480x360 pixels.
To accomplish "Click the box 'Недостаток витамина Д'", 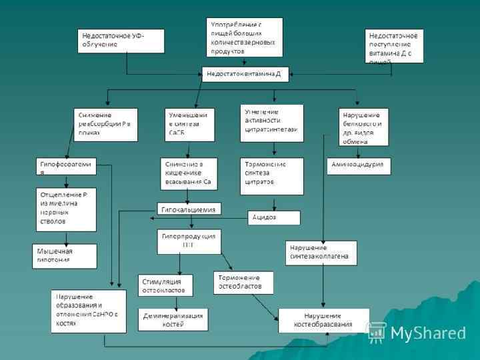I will click(x=245, y=74).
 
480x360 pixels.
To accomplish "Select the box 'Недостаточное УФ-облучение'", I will click(x=121, y=40).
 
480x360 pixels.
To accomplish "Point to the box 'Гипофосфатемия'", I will click(x=67, y=166).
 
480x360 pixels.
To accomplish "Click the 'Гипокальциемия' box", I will click(x=189, y=209).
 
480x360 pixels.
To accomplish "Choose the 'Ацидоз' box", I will click(x=274, y=217).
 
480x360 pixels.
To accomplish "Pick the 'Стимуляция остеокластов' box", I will click(x=165, y=285).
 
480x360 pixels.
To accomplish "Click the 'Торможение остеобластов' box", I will click(x=243, y=283).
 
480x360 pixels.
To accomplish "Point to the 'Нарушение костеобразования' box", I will click(x=323, y=320).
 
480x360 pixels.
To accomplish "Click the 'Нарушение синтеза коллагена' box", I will click(x=321, y=251).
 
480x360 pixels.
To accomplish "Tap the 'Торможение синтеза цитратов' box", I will click(x=271, y=176).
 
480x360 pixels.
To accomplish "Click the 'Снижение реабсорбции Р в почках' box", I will click(x=105, y=125).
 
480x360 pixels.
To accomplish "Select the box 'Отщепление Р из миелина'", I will click(x=66, y=209).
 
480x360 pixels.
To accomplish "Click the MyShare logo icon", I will click(x=377, y=333).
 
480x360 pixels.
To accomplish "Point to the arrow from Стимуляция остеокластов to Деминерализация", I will click(x=176, y=301).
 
